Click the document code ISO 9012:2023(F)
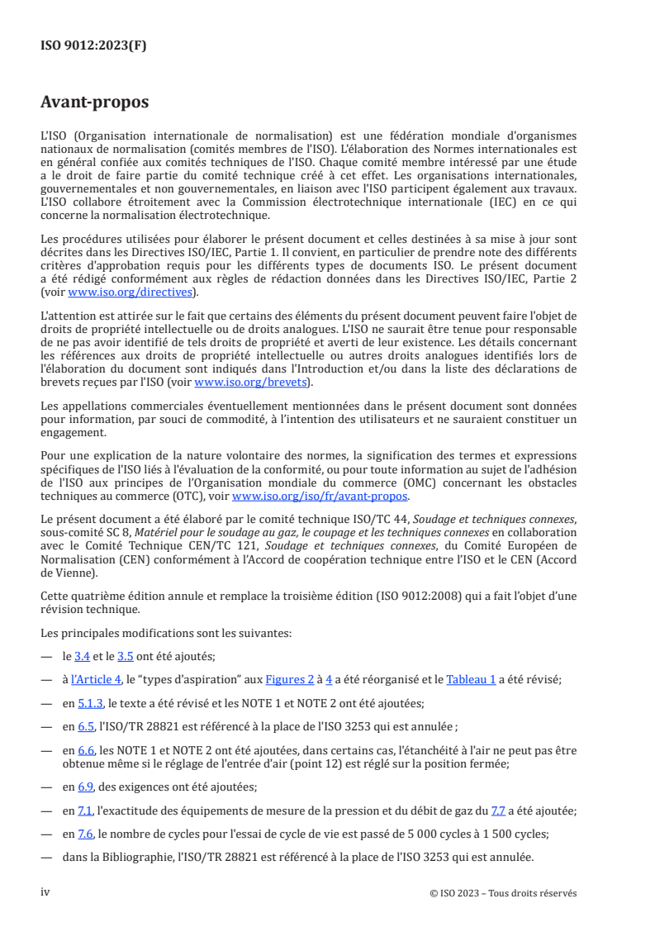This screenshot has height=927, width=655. (x=93, y=46)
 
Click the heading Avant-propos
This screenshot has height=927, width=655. (x=95, y=102)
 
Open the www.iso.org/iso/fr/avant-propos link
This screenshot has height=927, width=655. (x=320, y=497)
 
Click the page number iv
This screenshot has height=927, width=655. (x=45, y=892)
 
